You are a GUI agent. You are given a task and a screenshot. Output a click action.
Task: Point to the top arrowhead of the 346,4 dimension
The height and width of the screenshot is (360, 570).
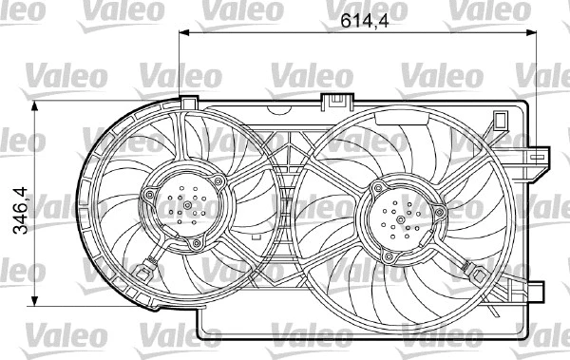coord(36,104)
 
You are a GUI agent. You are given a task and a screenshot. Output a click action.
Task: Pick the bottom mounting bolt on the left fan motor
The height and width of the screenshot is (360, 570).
coord(197,245)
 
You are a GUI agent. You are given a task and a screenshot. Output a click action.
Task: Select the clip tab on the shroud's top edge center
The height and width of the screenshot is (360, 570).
coord(334,100)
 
